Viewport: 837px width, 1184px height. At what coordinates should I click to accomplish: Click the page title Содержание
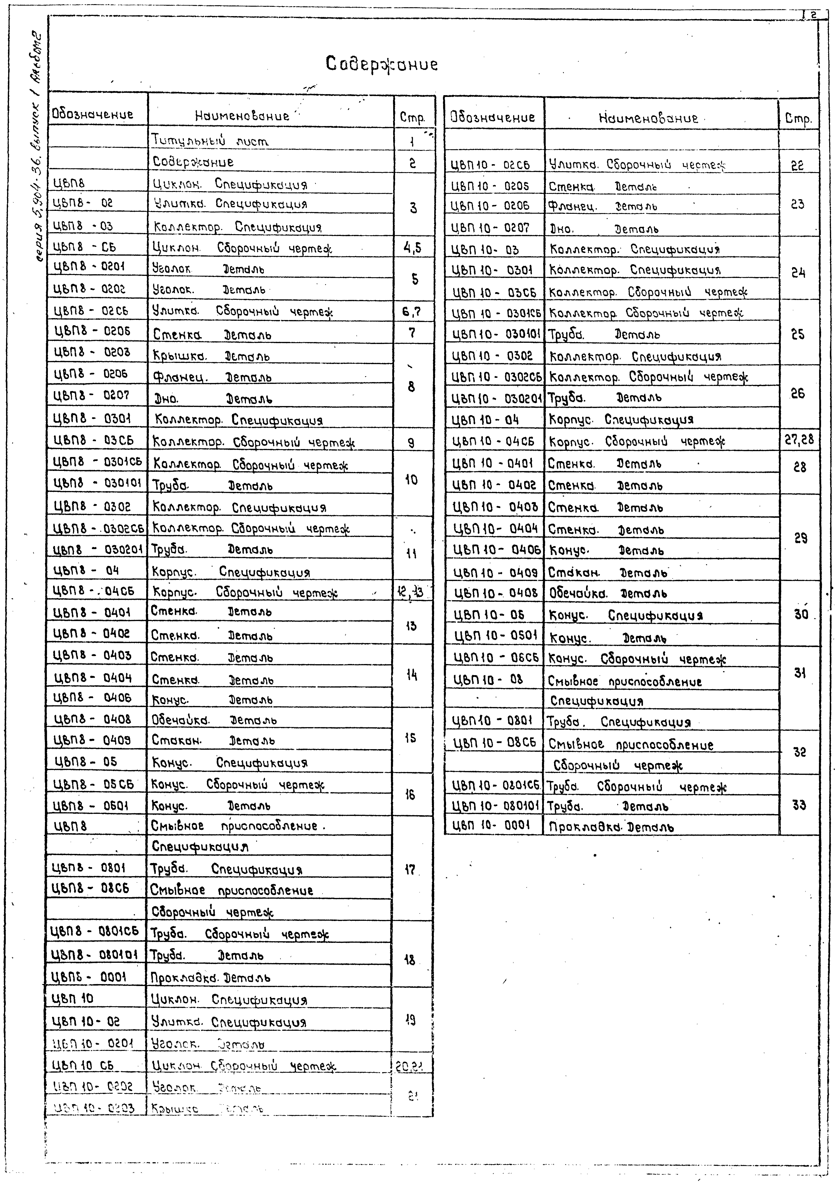pos(382,64)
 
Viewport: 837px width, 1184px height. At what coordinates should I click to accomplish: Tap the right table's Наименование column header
pos(648,118)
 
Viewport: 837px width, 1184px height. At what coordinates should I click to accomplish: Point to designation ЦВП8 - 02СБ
pos(91,311)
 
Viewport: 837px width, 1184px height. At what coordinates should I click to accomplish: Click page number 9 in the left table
pos(411,442)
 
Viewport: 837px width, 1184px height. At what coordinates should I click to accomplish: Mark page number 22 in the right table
pos(797,165)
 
